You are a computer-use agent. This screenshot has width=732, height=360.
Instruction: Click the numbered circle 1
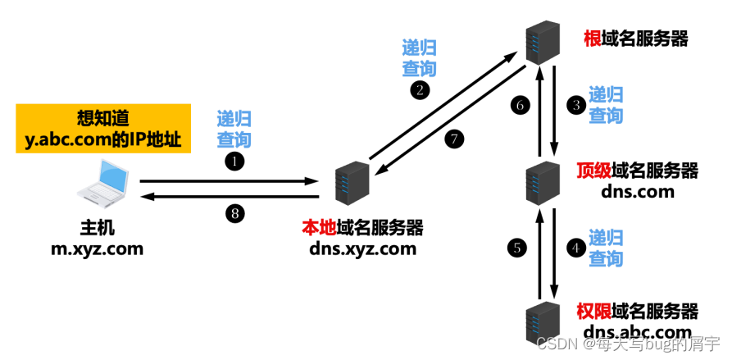[x=235, y=162]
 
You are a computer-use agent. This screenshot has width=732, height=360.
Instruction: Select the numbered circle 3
[x=576, y=105]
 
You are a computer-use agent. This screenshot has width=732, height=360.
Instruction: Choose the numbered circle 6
[x=516, y=105]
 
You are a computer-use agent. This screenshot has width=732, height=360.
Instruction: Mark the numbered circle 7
[x=455, y=139]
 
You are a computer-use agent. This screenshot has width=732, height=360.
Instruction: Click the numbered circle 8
[x=235, y=215]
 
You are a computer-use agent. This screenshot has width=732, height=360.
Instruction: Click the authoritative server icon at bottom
[x=543, y=321]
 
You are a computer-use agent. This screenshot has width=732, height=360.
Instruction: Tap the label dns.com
[x=637, y=191]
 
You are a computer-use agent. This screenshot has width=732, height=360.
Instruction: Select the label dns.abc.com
[x=637, y=331]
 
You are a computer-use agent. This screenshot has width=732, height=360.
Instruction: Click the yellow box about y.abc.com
[x=102, y=129]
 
